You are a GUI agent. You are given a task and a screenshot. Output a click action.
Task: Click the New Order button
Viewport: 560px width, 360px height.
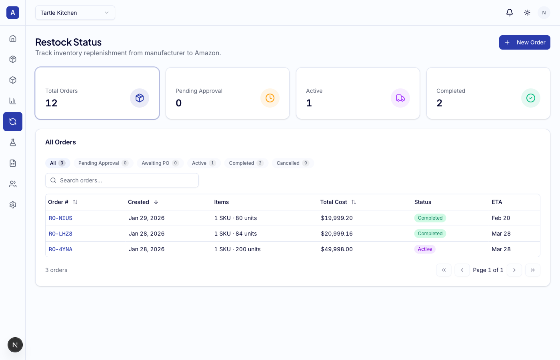point(524,42)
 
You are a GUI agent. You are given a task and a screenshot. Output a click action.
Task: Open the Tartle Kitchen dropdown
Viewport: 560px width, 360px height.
point(75,13)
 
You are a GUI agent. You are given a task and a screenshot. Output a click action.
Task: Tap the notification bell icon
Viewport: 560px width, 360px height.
point(509,13)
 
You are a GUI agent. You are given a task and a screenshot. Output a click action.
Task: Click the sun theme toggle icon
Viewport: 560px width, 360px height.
point(527,13)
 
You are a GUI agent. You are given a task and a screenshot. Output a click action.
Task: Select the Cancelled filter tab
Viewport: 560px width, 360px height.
point(292,163)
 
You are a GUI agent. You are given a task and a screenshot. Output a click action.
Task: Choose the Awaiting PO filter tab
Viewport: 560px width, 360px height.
point(160,163)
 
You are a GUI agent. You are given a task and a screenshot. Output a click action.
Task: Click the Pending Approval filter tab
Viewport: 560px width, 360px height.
point(103,163)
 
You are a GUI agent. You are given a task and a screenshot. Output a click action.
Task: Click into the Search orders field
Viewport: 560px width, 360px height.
point(122,180)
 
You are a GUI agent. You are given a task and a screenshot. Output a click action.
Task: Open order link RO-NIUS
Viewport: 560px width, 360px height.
point(60,218)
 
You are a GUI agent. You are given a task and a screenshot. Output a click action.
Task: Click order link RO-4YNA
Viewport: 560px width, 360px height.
point(60,249)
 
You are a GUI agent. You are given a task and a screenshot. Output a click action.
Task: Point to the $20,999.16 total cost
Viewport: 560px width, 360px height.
point(337,234)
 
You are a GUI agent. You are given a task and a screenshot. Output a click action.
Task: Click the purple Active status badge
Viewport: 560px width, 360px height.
point(425,249)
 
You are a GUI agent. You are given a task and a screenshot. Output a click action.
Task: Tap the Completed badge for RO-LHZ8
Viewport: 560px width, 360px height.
point(430,234)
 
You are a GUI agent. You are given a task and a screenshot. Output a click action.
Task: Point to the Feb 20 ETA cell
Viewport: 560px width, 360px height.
point(501,218)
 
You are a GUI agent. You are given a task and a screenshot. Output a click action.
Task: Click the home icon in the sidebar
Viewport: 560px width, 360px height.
point(13,38)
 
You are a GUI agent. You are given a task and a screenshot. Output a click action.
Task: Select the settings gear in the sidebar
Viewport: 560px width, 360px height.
point(13,205)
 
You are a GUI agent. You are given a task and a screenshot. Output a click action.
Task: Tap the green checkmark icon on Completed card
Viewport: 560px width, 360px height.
point(530,98)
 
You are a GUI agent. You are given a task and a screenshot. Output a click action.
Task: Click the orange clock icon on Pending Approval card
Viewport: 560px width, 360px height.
point(270,98)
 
